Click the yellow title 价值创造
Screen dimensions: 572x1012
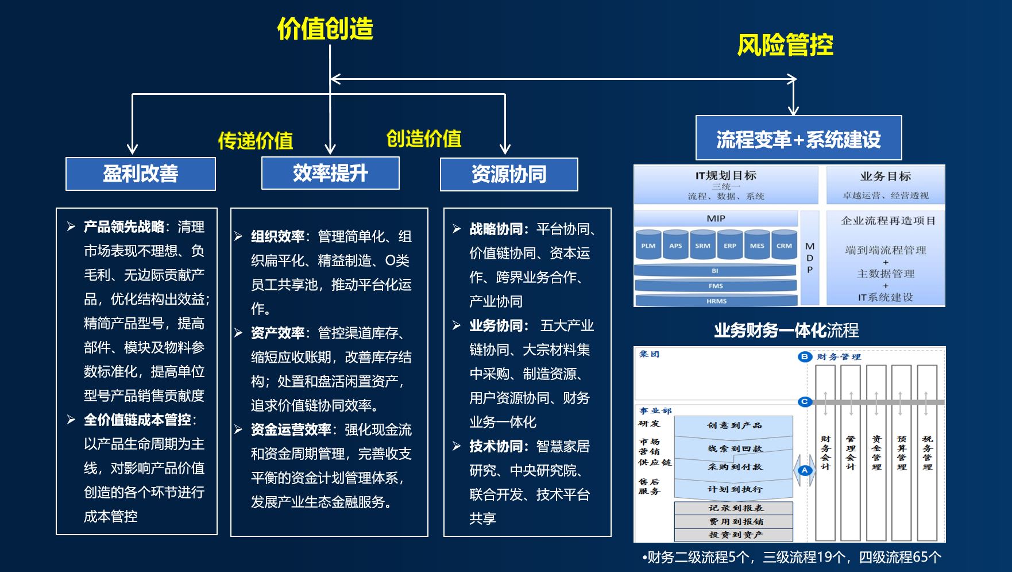(325, 29)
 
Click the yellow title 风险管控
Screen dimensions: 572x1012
(785, 45)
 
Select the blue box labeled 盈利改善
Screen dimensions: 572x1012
(141, 174)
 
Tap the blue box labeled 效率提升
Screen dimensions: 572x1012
(330, 173)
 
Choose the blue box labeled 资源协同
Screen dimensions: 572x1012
(509, 174)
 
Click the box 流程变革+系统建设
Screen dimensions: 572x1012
(798, 139)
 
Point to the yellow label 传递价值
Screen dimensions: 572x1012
(256, 140)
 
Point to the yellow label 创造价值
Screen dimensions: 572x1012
(424, 139)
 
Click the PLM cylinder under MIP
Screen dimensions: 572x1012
(648, 246)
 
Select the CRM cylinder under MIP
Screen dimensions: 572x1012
(784, 246)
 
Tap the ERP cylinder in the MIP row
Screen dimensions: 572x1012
(730, 246)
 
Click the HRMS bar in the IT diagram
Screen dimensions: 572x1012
(716, 301)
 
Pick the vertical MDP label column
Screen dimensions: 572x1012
(810, 258)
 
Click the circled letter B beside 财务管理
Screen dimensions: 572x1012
(805, 356)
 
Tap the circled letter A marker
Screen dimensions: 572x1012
(805, 470)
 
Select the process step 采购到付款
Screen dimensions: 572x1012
(735, 467)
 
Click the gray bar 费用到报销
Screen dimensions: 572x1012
(735, 521)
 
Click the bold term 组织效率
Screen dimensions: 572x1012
(277, 236)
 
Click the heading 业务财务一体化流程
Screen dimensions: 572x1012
(786, 331)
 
